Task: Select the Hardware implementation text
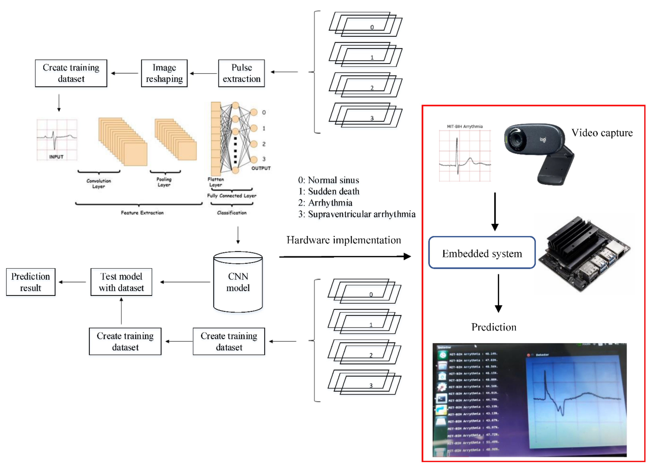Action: pos(344,240)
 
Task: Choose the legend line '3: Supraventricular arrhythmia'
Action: pos(357,214)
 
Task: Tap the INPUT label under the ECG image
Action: pos(56,157)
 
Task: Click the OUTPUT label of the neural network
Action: pos(261,168)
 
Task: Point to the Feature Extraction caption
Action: pos(142,213)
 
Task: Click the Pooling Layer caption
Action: pos(164,182)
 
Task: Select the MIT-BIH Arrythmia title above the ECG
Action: pos(464,126)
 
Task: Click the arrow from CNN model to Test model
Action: pos(185,282)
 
